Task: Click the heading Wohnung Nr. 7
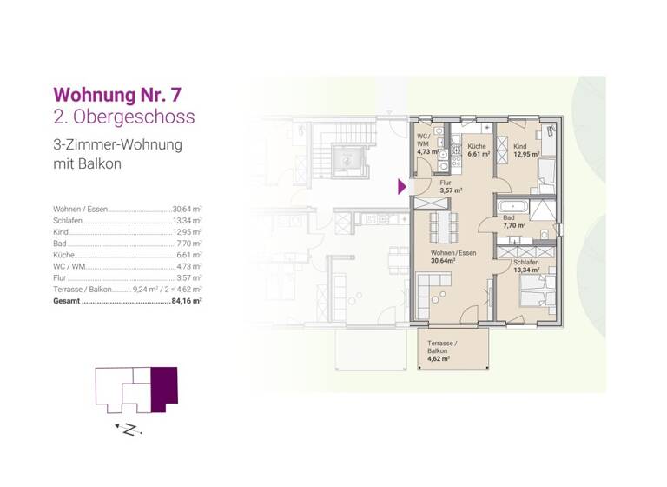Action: tap(118, 94)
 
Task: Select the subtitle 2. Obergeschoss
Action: tap(124, 117)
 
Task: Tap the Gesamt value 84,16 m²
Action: tap(187, 300)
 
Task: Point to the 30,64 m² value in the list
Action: tap(187, 210)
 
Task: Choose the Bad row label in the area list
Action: tap(60, 243)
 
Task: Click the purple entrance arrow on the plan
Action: tap(402, 186)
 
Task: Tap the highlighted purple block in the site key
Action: tap(164, 389)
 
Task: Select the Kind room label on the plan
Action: tap(519, 147)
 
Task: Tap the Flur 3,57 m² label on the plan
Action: tap(449, 186)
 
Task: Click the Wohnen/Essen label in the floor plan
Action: tap(453, 254)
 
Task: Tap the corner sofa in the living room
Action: tap(433, 287)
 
